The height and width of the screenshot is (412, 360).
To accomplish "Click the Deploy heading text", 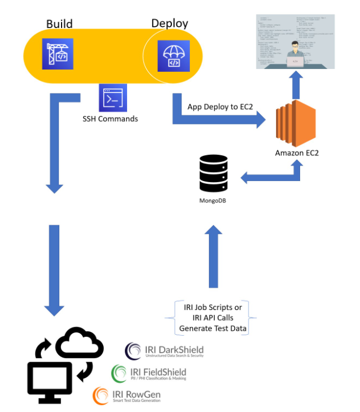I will coord(170,23).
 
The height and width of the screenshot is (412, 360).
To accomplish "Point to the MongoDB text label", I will coord(215,200).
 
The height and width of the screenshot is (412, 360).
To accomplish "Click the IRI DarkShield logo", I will coord(164,351).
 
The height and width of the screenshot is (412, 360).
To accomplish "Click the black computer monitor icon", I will coord(49,379).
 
